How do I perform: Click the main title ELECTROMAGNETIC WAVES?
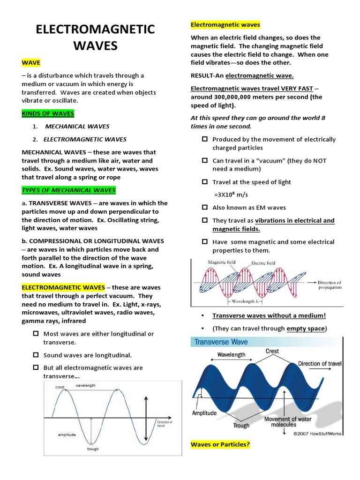[x=95, y=37]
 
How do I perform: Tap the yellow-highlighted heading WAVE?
[x=31, y=62]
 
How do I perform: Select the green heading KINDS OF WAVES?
[x=48, y=113]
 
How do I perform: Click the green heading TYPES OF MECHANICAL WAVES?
[x=68, y=190]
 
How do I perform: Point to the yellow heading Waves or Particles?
[x=220, y=444]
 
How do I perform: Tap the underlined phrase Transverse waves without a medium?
[x=269, y=315]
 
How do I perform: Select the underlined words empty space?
[x=306, y=329]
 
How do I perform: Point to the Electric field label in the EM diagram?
[x=263, y=263]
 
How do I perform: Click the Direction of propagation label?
[x=330, y=285]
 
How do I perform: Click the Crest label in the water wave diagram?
[x=272, y=351]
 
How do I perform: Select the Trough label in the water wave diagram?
[x=241, y=426]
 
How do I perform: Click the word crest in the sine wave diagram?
[x=60, y=387]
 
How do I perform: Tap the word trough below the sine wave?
[x=92, y=449]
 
